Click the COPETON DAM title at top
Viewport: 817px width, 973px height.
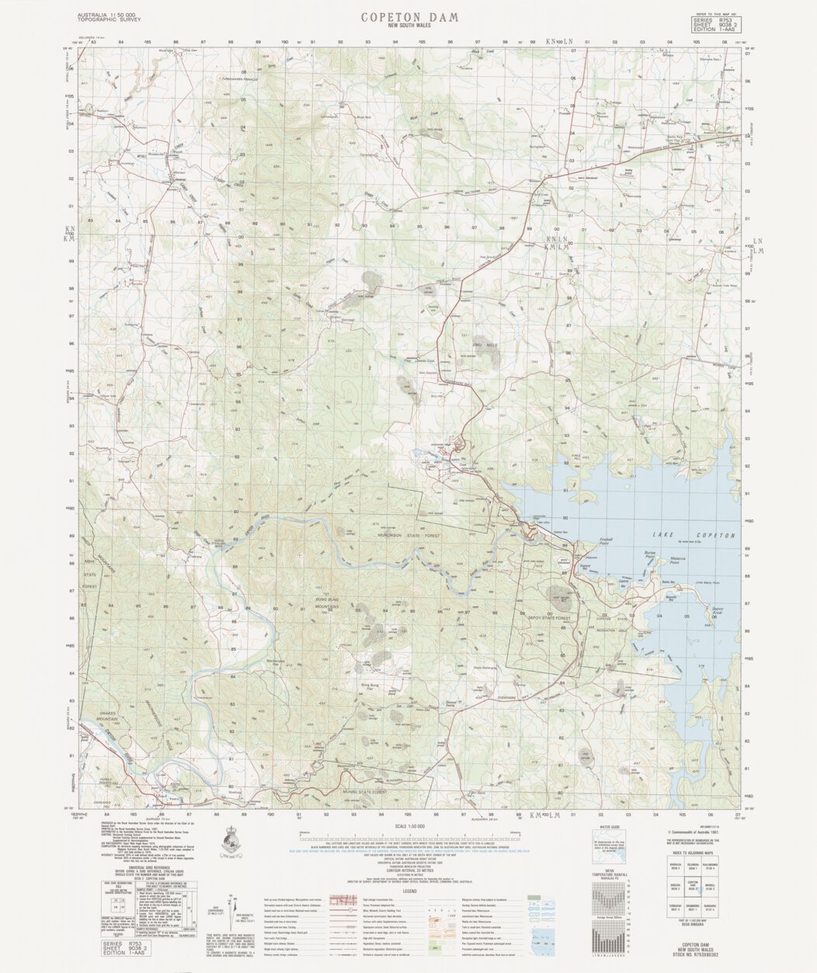409,16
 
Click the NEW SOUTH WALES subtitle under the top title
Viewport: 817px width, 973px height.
409,26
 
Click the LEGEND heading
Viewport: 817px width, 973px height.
409,890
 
